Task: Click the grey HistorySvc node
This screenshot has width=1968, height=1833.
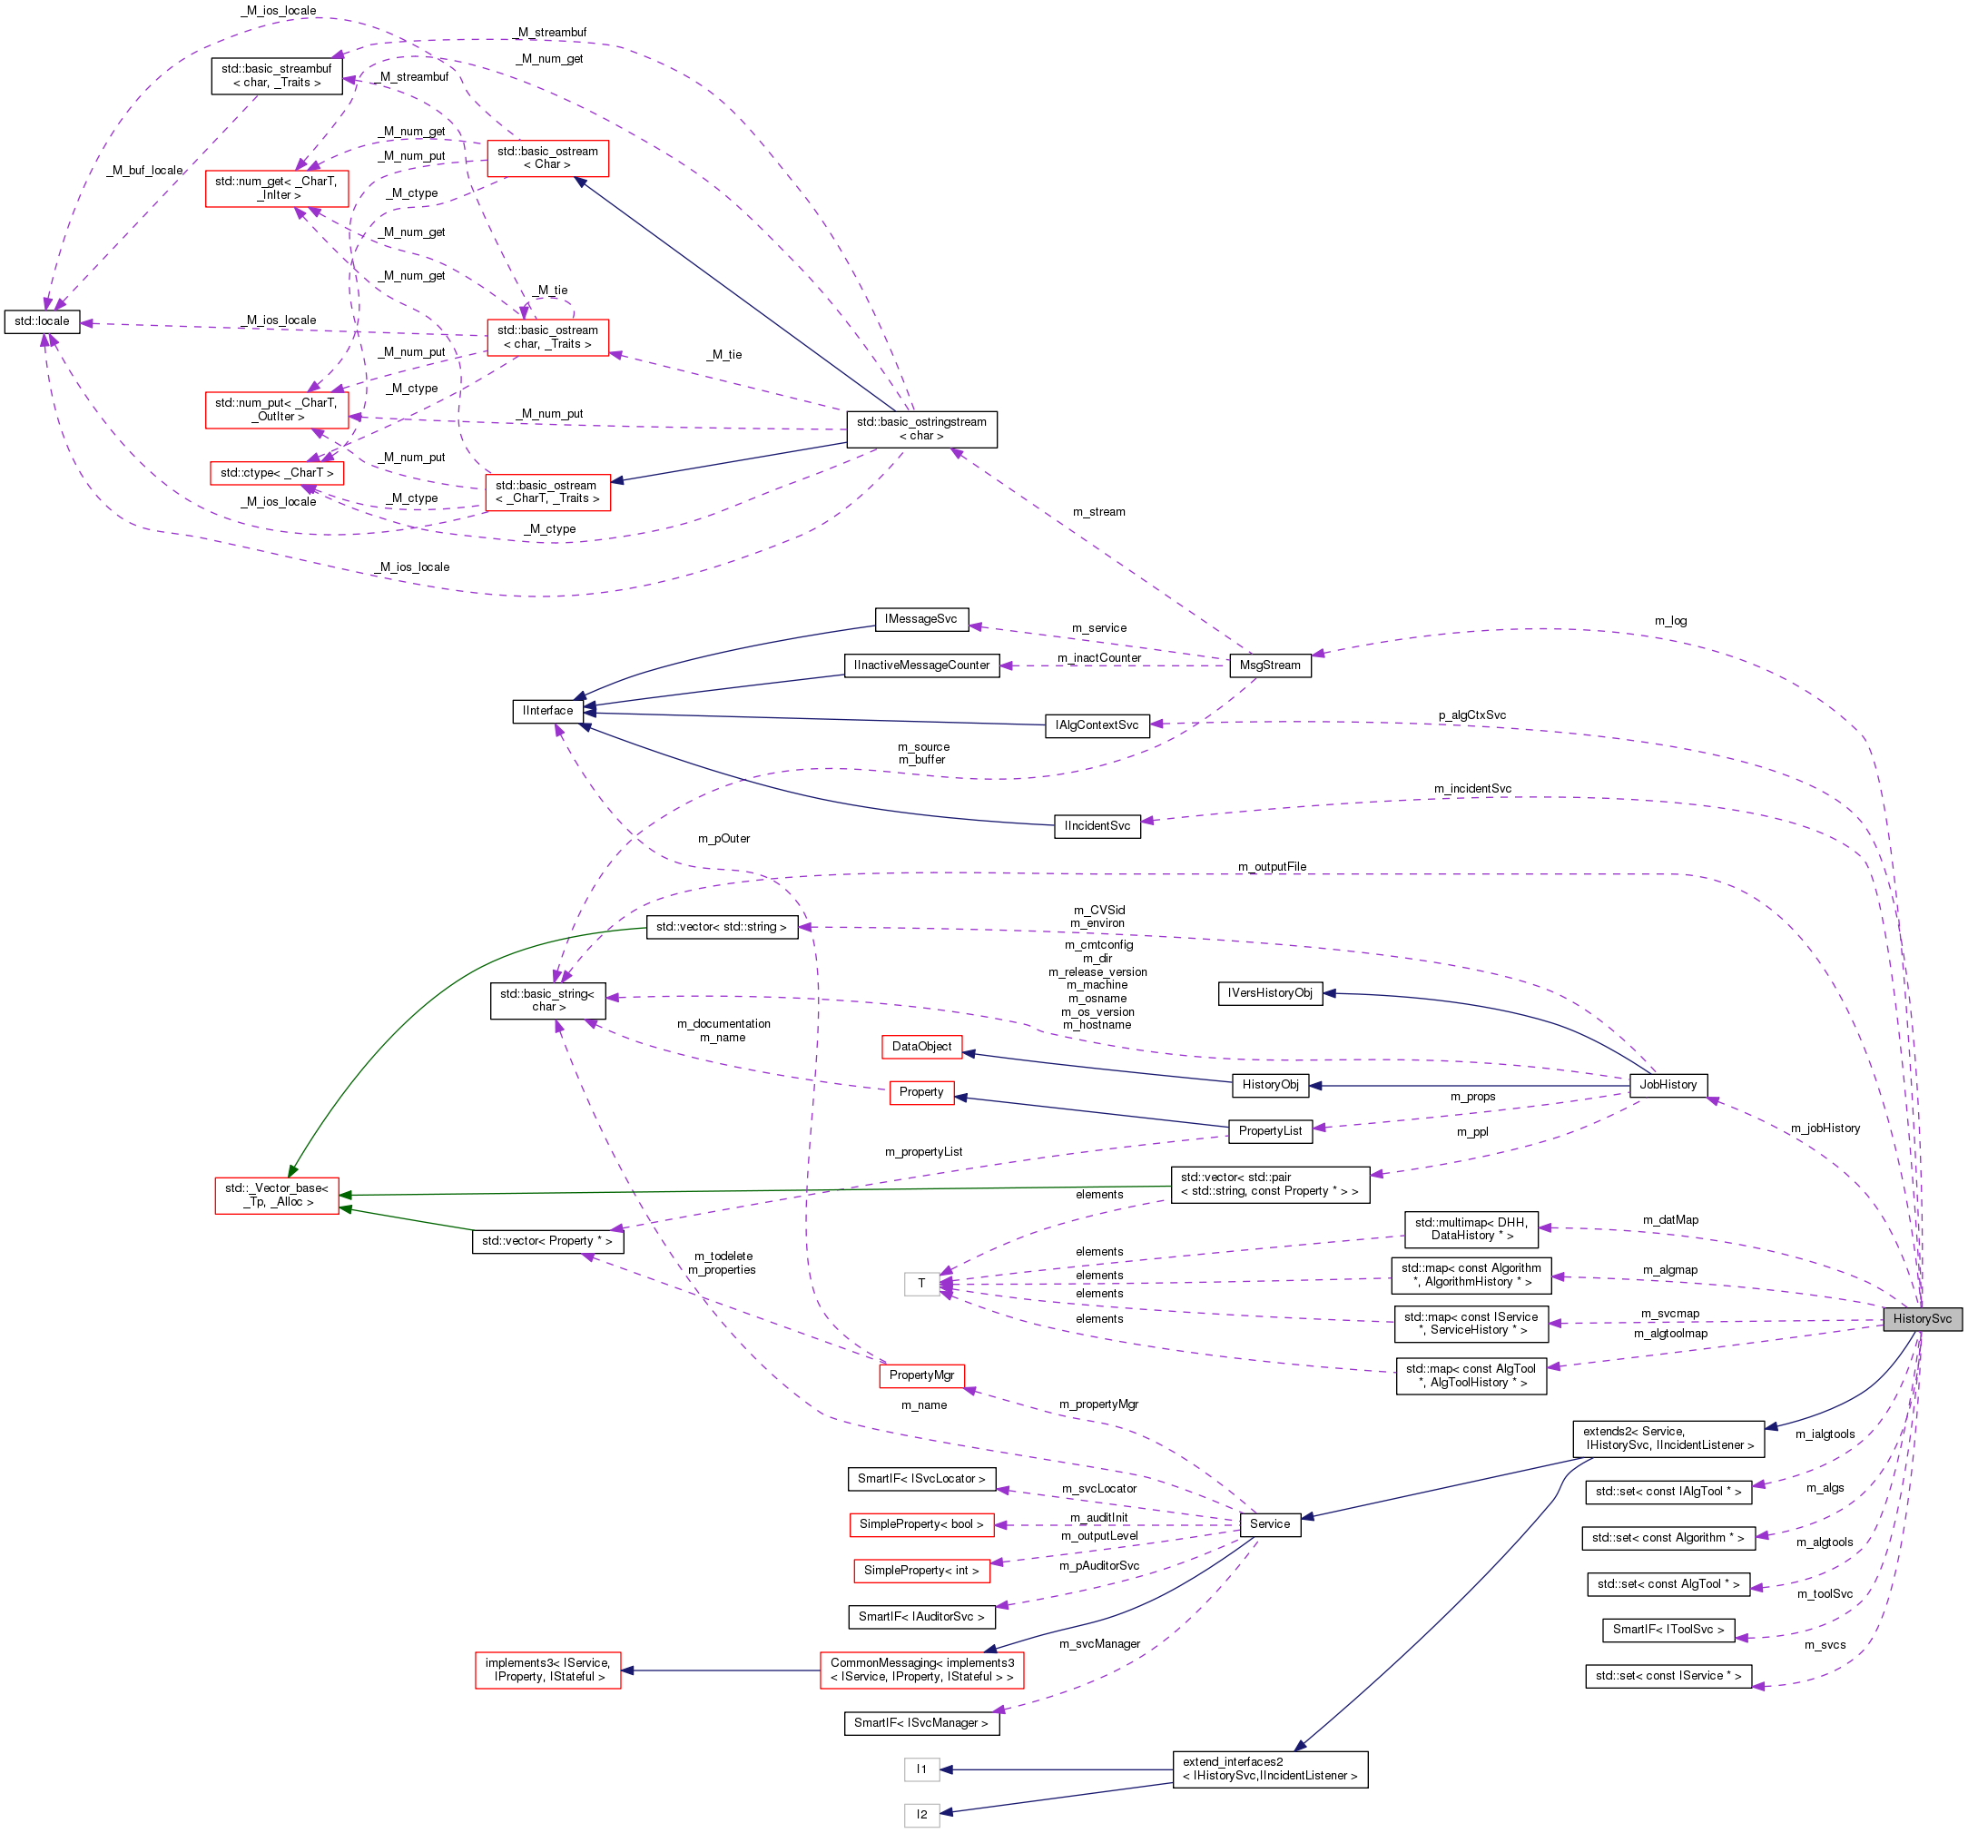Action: pos(1921,1318)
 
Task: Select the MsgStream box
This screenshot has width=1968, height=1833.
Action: pos(1269,665)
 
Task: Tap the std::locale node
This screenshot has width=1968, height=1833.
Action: pos(42,320)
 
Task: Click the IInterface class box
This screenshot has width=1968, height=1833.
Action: pos(547,710)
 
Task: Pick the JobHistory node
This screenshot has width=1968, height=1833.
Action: pos(1667,1084)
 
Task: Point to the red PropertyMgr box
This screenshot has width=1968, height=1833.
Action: pos(920,1375)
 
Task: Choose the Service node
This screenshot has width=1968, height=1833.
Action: pos(1269,1523)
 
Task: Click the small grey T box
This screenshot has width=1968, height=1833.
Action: pos(920,1284)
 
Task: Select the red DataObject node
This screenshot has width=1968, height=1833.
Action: pos(920,1046)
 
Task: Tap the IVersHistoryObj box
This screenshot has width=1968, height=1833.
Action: pos(1269,992)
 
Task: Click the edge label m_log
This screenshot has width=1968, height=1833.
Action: pos(1670,621)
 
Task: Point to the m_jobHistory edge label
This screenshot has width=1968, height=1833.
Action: pos(1825,1128)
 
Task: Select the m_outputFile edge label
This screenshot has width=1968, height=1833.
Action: pos(1271,866)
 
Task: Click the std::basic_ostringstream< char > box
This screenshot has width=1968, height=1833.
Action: pos(920,429)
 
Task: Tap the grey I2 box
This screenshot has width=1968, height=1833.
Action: pos(920,1814)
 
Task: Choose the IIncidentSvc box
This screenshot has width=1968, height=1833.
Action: pos(1096,825)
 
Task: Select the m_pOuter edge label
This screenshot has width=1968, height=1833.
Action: pos(723,839)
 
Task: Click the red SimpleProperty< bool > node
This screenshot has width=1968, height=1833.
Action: pos(920,1523)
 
